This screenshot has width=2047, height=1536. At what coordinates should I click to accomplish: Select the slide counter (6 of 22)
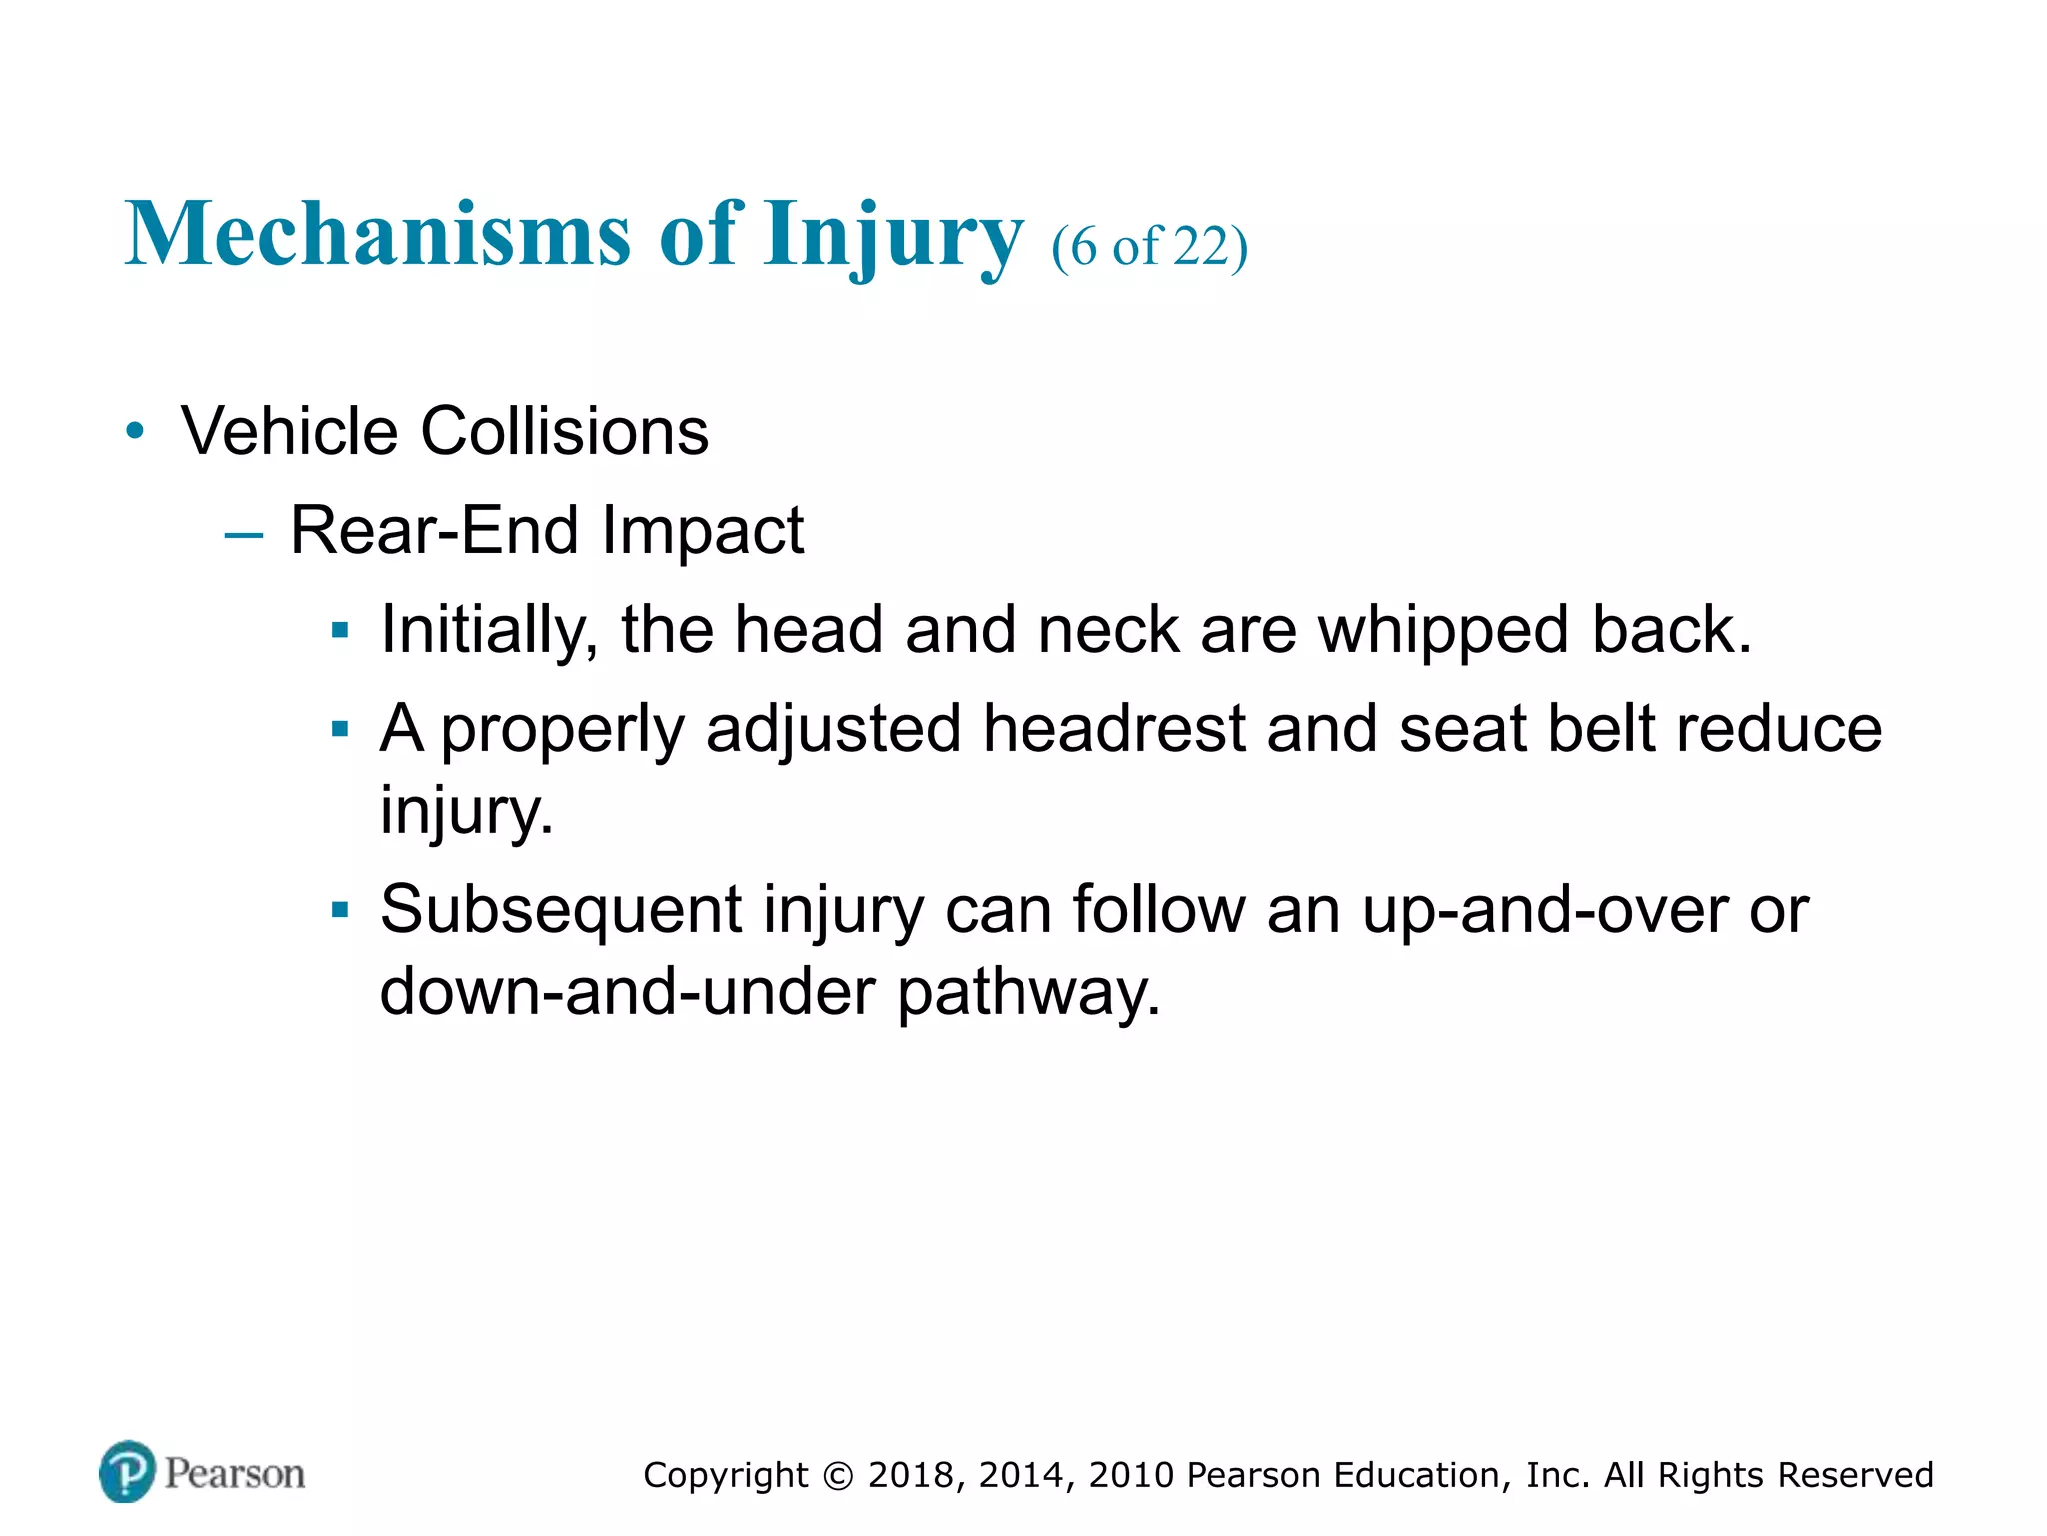[x=1149, y=246]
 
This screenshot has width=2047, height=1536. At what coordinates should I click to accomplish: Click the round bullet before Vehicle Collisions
[x=135, y=432]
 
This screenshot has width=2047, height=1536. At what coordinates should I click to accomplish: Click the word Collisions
[x=564, y=431]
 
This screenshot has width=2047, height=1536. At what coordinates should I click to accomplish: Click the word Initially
[x=489, y=631]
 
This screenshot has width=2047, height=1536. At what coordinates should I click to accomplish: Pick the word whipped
[x=1443, y=631]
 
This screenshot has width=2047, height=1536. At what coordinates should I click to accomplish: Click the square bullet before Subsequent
[x=340, y=910]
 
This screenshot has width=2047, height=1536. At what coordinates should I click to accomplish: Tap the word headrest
[x=1113, y=728]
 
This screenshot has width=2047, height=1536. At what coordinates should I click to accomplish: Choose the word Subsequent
[x=561, y=911]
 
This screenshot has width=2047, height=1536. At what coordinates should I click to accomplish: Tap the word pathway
[x=1028, y=993]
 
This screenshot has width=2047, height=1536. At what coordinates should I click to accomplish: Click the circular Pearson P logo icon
[x=128, y=1471]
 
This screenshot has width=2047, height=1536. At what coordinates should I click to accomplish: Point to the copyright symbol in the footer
[x=838, y=1476]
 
